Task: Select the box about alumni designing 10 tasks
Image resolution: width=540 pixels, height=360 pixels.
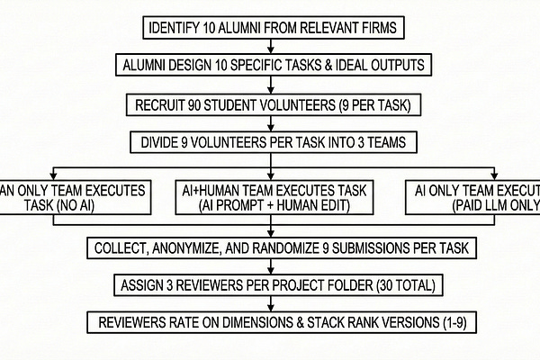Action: (270, 65)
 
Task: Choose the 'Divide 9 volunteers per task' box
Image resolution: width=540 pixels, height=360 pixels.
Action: (270, 141)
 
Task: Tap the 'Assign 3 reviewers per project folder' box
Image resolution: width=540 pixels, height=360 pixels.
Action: (270, 284)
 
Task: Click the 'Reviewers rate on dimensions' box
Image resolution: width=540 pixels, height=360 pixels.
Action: (270, 321)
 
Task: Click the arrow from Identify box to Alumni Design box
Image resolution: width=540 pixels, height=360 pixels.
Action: (270, 47)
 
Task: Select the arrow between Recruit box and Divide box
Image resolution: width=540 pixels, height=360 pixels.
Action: (270, 122)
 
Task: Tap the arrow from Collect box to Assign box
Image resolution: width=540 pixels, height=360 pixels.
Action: (270, 265)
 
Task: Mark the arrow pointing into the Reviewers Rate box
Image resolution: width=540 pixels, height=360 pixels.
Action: (270, 303)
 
